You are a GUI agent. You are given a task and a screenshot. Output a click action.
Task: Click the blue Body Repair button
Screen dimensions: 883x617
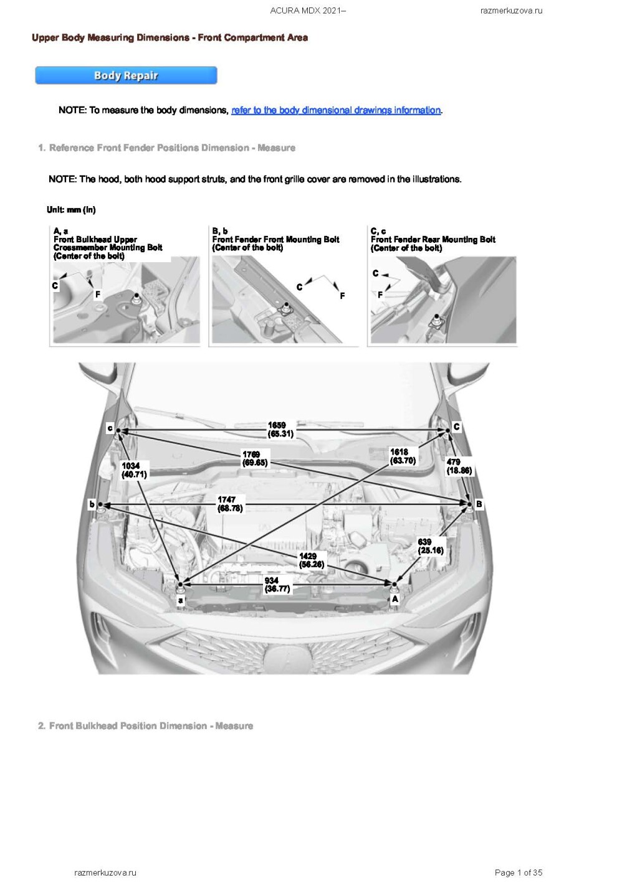click(126, 75)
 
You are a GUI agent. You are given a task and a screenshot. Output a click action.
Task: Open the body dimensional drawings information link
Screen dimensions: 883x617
click(337, 110)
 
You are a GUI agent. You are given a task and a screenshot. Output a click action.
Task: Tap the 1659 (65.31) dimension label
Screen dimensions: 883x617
click(280, 430)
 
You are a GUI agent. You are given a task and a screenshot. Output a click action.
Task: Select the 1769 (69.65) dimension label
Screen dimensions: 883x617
click(255, 459)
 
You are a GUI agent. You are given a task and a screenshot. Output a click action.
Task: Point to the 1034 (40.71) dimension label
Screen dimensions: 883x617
click(134, 470)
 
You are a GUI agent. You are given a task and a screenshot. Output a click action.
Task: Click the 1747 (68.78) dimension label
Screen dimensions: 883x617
click(229, 504)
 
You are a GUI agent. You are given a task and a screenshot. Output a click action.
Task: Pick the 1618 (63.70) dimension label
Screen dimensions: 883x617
click(403, 456)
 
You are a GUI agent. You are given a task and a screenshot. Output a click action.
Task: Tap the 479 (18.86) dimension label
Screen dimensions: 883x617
click(459, 466)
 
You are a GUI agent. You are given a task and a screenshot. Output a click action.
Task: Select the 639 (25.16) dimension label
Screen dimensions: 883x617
click(431, 546)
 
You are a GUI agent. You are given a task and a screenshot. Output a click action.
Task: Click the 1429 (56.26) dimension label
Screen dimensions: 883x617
click(311, 560)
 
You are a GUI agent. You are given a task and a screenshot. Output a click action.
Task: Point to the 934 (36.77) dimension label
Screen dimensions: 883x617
click(277, 585)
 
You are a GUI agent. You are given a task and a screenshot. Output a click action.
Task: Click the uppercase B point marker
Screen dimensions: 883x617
click(479, 504)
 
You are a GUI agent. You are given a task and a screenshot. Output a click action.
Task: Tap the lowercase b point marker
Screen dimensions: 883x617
click(92, 504)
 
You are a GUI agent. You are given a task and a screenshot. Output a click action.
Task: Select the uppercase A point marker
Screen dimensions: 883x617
click(395, 599)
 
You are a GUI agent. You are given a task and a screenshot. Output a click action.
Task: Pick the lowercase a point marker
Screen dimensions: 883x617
click(181, 600)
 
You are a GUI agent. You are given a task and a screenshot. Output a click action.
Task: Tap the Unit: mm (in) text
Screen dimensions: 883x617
click(71, 210)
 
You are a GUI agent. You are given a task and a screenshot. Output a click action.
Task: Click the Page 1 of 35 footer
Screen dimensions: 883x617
click(518, 872)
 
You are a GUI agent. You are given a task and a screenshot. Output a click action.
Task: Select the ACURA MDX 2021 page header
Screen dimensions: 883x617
click(308, 11)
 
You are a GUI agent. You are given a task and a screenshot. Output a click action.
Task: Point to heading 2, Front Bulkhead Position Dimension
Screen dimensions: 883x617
click(145, 726)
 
